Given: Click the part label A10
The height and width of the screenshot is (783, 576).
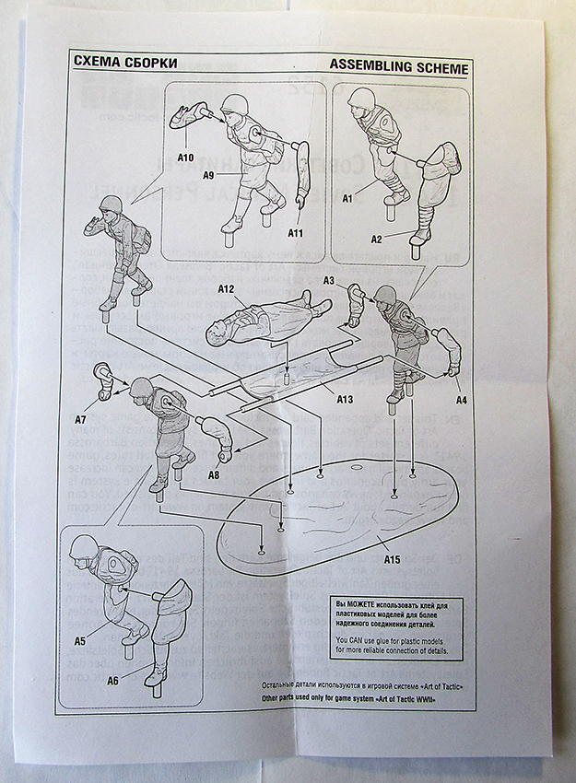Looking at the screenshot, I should (185, 158).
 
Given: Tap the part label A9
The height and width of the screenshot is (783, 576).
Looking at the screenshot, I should (208, 174).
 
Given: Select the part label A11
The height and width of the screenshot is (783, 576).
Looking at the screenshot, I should (295, 233).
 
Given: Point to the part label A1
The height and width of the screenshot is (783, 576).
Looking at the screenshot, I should (348, 198).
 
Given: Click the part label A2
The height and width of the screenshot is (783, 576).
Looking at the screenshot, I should (376, 239).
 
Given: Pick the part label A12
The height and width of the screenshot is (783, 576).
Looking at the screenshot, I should (227, 289).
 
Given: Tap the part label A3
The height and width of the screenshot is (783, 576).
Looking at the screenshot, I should (329, 280).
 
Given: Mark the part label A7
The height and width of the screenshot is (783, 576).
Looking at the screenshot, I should (81, 418).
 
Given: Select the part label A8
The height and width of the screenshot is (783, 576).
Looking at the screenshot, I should (213, 474).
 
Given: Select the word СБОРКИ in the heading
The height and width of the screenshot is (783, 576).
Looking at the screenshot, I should (147, 64).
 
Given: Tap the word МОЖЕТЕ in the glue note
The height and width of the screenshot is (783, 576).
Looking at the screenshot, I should (367, 604).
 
